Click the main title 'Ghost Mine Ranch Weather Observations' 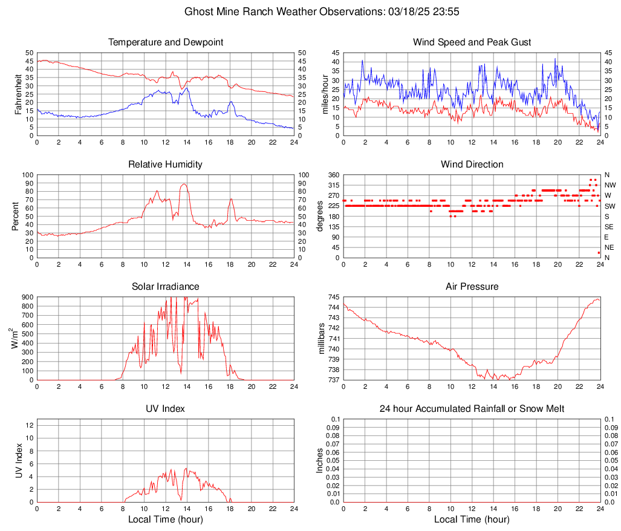(x=310, y=11)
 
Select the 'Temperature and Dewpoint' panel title (x=165, y=42)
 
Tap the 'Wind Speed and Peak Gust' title (x=472, y=42)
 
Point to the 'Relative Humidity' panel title (x=165, y=165)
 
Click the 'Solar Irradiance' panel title (x=165, y=287)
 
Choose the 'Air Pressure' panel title (x=472, y=287)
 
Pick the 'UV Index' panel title (x=165, y=409)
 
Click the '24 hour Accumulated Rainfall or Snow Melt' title (x=472, y=409)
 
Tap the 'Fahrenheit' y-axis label (x=18, y=94)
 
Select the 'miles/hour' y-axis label (x=324, y=94)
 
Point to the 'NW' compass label (x=610, y=185)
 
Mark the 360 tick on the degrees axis (x=333, y=175)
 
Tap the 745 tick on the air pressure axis (x=333, y=297)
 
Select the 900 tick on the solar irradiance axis (x=27, y=297)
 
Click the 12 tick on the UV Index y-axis (x=29, y=425)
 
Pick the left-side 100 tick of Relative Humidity (x=27, y=175)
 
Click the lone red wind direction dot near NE (x=599, y=253)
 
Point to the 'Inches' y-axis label (x=320, y=461)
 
